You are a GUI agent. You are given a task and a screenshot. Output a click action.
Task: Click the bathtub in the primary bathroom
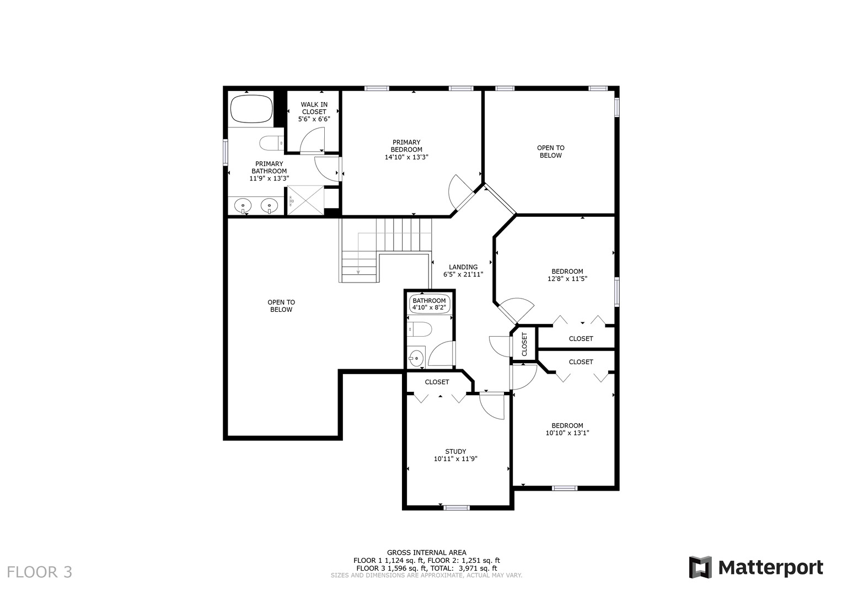[251, 109]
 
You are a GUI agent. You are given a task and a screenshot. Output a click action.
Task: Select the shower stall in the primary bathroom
[305, 200]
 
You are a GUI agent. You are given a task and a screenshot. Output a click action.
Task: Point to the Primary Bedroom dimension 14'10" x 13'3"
[406, 157]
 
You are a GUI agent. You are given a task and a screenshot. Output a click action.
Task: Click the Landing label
[463, 267]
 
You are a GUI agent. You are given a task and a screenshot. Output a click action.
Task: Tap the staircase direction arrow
[358, 270]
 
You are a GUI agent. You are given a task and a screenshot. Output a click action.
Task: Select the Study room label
[455, 451]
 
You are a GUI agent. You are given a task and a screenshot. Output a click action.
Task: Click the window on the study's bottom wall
[457, 507]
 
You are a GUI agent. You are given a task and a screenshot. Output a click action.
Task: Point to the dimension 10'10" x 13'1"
[567, 433]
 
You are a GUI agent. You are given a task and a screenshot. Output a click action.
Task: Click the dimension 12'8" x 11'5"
[567, 279]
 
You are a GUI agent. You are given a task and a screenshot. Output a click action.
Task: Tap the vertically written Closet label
[524, 344]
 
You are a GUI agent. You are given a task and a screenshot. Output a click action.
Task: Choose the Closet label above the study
[437, 382]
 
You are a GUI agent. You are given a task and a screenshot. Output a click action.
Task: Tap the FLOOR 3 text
[39, 572]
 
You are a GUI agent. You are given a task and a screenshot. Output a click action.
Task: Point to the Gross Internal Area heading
[426, 552]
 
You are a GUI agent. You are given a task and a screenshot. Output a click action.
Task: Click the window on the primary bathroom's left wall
[226, 152]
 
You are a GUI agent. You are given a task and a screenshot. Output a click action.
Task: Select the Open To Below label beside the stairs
[281, 306]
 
